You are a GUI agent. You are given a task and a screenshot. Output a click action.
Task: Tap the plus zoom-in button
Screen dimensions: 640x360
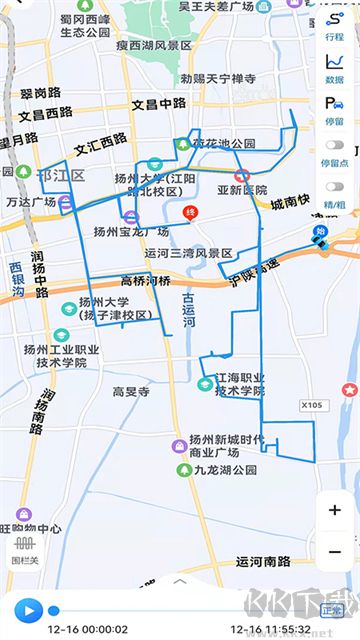tap(334, 510)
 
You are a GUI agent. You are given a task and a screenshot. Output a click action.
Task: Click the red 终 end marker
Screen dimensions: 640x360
tap(189, 213)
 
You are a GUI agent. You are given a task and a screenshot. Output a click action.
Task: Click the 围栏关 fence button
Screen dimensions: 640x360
tap(24, 550)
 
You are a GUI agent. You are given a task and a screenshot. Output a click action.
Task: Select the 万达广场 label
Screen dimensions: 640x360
tap(29, 202)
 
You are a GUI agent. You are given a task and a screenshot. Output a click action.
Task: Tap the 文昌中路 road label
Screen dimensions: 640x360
tap(159, 103)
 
